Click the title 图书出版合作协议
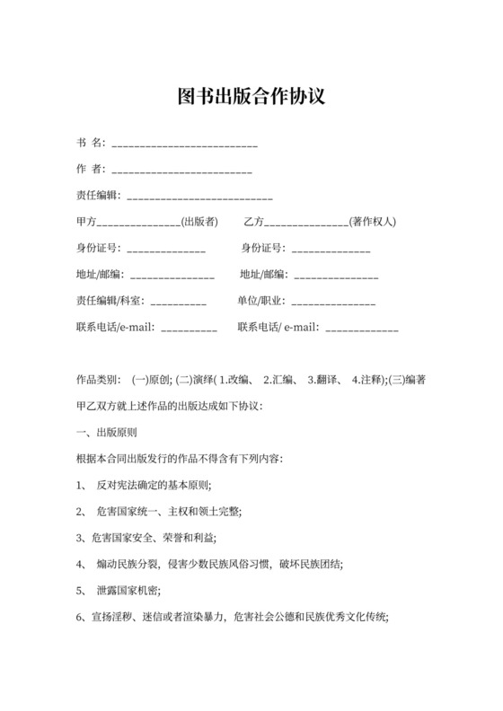point(251,95)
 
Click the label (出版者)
point(199,222)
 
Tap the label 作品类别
point(99,380)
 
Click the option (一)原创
point(153,380)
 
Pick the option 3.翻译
point(324,380)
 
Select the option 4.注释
point(368,380)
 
